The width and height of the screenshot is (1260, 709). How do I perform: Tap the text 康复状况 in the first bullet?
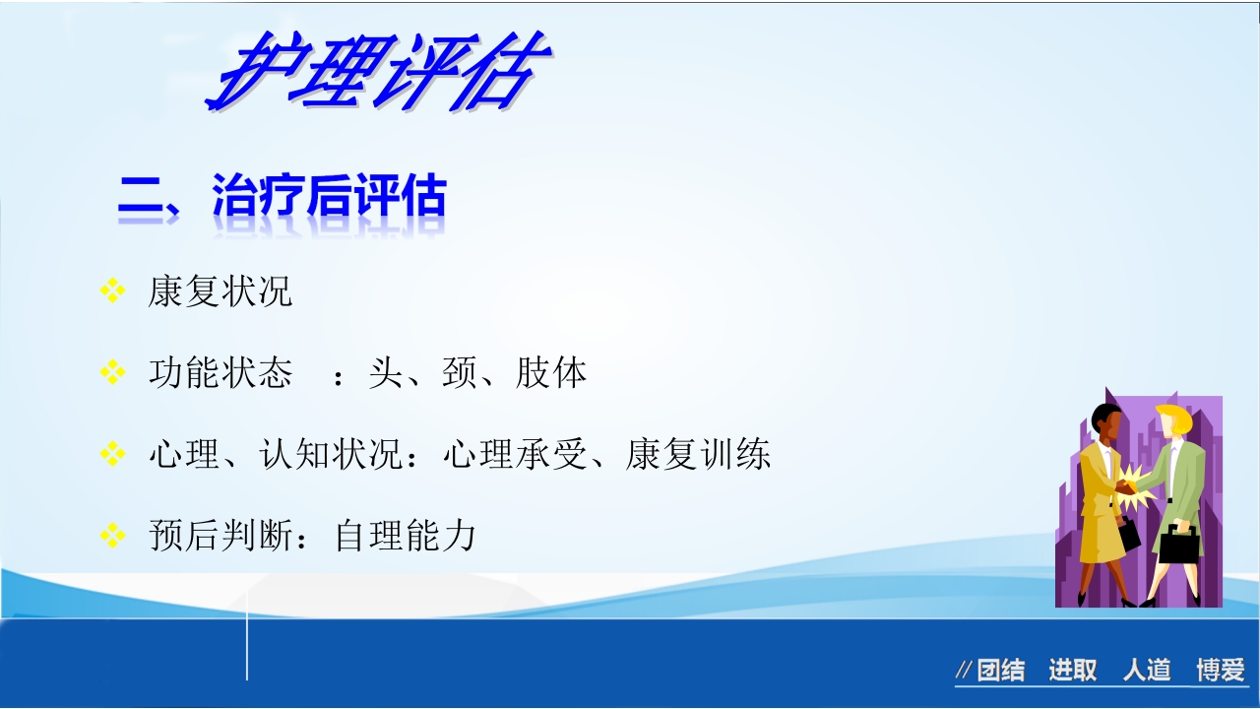click(x=220, y=291)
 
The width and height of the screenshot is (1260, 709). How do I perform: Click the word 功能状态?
click(x=220, y=373)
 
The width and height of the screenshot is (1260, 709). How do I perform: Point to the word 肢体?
click(x=551, y=373)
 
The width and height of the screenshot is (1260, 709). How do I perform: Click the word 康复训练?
click(x=698, y=455)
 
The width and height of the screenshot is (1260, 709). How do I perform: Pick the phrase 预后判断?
click(x=220, y=536)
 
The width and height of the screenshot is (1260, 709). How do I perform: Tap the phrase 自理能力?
click(x=406, y=536)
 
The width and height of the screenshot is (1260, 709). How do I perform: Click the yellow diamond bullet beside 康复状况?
click(x=113, y=290)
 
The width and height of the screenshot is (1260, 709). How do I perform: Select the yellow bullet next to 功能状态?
click(x=113, y=372)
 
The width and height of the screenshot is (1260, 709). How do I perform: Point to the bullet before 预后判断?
click(x=113, y=535)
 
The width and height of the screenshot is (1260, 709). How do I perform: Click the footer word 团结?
click(x=1000, y=671)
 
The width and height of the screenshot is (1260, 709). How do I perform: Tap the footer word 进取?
click(x=1072, y=671)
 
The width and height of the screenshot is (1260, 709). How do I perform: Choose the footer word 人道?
click(x=1147, y=671)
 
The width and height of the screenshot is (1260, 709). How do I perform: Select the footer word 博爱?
click(x=1221, y=671)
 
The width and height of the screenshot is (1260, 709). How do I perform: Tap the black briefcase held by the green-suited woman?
click(x=1178, y=545)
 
